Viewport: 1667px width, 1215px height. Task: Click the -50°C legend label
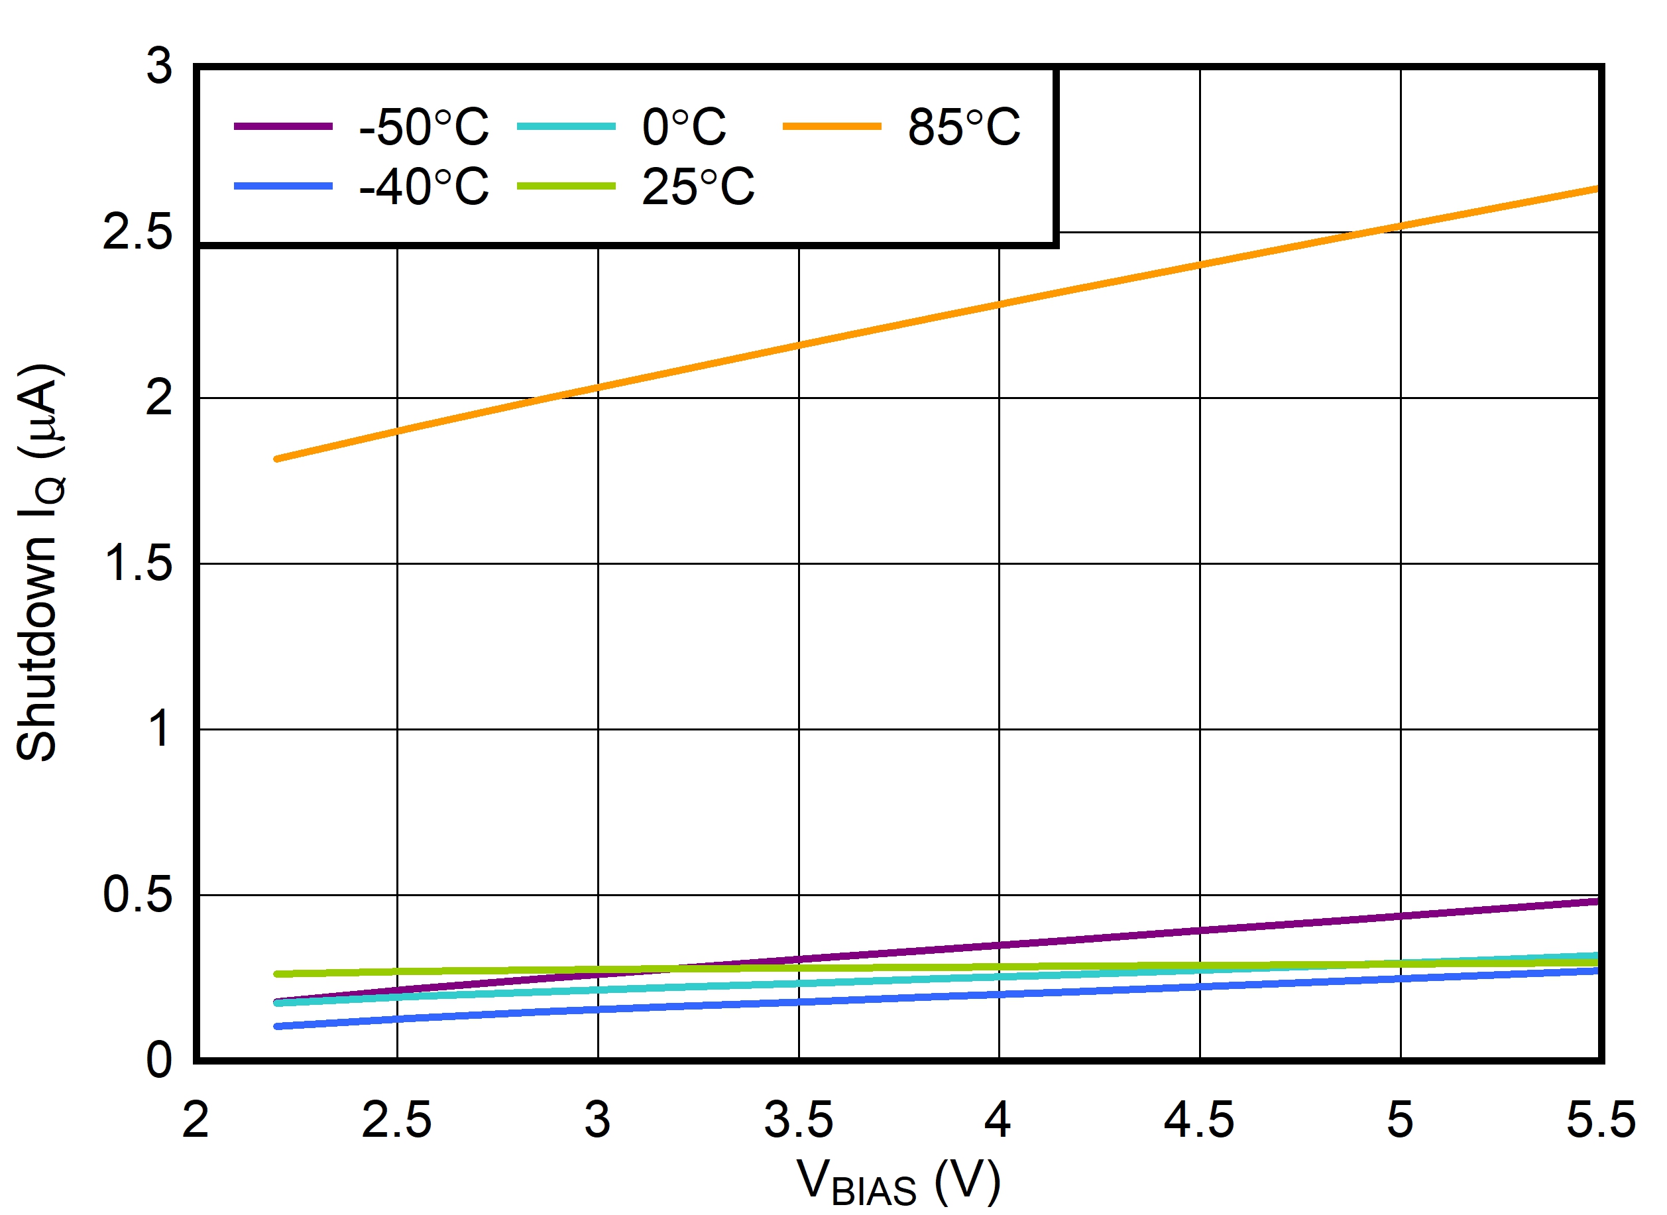click(x=424, y=127)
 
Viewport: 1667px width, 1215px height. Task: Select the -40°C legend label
click(x=424, y=187)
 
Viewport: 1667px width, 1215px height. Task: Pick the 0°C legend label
click(x=684, y=127)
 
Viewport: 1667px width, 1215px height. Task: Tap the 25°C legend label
click(x=698, y=187)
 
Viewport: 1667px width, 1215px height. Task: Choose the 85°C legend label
click(x=963, y=127)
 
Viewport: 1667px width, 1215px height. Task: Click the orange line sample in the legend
click(x=832, y=127)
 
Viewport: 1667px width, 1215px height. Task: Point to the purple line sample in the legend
click(x=283, y=127)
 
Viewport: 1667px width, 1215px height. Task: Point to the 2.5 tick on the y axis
click(x=137, y=233)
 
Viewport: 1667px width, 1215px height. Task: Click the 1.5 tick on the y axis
click(x=137, y=563)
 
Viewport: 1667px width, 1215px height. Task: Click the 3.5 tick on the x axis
click(x=799, y=1120)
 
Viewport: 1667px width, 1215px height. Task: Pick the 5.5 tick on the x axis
click(x=1600, y=1120)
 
